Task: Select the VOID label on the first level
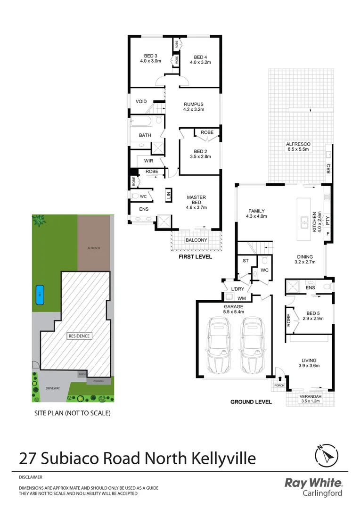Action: coord(141,101)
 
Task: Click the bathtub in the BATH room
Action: coord(141,122)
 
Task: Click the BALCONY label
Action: coord(196,240)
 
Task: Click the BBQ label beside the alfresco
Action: coord(329,168)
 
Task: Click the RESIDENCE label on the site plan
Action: coord(79,336)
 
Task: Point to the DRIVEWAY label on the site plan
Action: coord(52,388)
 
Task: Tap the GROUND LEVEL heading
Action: coord(251,402)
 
